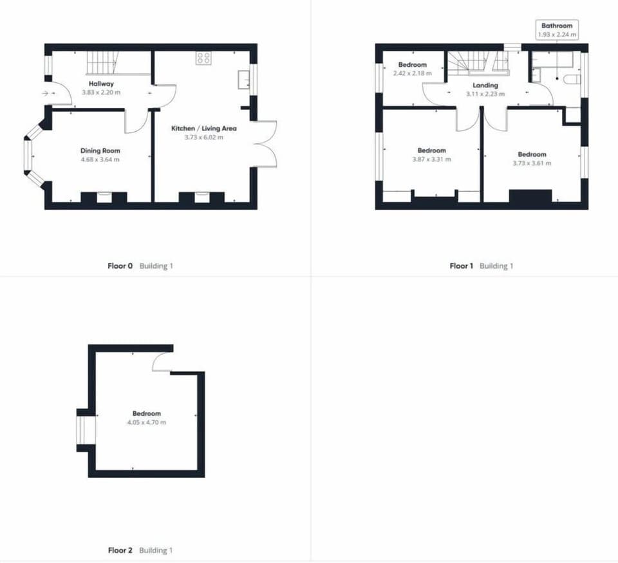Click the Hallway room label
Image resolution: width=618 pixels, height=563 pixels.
(x=101, y=84)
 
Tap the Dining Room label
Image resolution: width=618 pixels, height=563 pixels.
(x=100, y=150)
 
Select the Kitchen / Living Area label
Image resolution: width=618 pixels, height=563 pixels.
(x=204, y=129)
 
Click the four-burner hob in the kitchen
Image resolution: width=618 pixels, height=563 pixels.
(x=203, y=58)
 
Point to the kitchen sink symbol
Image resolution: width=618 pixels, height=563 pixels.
(x=243, y=80)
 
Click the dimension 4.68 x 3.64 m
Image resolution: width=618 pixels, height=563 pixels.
(x=100, y=159)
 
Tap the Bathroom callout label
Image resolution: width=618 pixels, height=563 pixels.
(x=557, y=26)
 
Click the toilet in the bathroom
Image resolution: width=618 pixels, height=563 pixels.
(x=572, y=79)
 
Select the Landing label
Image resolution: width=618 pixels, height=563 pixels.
(x=485, y=85)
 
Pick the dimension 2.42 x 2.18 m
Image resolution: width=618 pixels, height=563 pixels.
(x=412, y=73)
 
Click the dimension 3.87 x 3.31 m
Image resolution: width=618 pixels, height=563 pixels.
(x=431, y=159)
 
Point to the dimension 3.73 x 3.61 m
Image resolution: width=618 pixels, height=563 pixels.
(x=532, y=163)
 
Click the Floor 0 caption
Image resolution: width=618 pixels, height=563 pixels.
(x=120, y=266)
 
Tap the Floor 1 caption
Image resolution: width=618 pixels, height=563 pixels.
(x=461, y=266)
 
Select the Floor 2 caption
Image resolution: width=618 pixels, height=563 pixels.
(x=120, y=550)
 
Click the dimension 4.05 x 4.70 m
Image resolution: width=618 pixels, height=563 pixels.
(x=146, y=422)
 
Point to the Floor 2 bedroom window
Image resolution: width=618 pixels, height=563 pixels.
(x=81, y=430)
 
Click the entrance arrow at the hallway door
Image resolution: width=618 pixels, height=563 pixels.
(x=45, y=94)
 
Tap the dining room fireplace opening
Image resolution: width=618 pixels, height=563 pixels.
(x=104, y=196)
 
